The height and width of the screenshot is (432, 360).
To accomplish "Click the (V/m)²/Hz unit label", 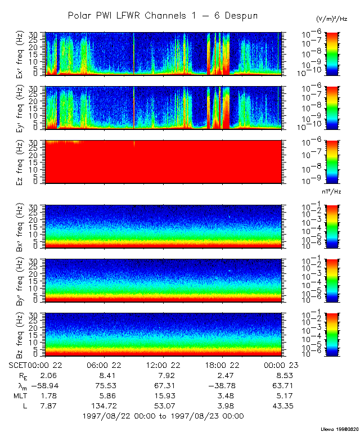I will tap(332, 19).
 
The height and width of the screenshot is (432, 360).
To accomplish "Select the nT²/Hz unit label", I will tap(332, 191).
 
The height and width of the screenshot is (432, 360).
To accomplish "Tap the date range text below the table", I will tap(163, 416).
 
